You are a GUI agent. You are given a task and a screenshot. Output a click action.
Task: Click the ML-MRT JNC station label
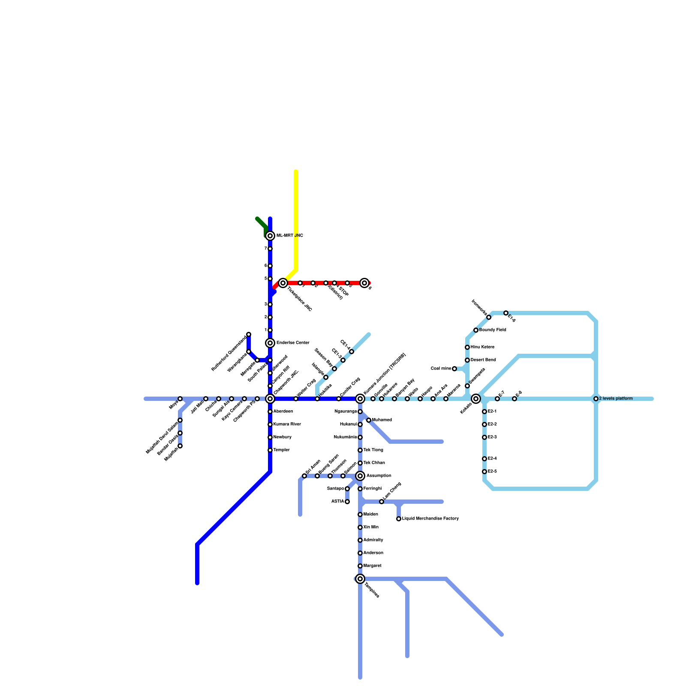(x=289, y=236)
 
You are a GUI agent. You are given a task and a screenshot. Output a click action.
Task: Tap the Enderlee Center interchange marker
(x=270, y=343)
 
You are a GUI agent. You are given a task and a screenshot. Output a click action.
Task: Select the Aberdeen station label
(x=283, y=412)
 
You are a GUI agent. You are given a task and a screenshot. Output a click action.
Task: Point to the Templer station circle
(x=270, y=450)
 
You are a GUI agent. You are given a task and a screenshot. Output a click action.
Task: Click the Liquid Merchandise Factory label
(x=430, y=519)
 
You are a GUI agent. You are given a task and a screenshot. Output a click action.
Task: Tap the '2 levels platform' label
(x=616, y=399)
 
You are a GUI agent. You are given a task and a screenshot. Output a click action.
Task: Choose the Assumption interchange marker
(x=360, y=476)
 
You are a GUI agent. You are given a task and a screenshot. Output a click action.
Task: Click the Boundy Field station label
(x=493, y=330)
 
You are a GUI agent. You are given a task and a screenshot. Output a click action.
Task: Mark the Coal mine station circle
(x=454, y=369)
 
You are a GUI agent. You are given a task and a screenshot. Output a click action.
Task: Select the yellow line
(x=296, y=214)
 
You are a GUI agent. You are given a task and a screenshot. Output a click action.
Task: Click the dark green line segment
(x=261, y=223)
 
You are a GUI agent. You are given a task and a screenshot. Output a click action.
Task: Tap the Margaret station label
(x=372, y=566)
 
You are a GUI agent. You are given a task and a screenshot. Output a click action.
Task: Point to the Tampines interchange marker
(x=360, y=579)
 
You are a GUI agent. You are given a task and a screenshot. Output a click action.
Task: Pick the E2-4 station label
(x=492, y=459)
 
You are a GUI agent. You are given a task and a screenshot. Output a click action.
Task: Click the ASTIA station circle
(x=347, y=502)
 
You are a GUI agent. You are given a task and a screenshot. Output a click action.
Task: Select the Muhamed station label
(x=382, y=420)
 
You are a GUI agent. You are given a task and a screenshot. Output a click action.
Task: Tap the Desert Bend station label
(x=483, y=360)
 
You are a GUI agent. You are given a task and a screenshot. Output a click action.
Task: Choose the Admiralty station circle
(x=360, y=540)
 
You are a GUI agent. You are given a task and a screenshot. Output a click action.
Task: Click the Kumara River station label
(x=287, y=424)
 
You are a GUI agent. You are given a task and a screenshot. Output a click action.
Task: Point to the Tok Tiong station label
(x=373, y=450)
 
